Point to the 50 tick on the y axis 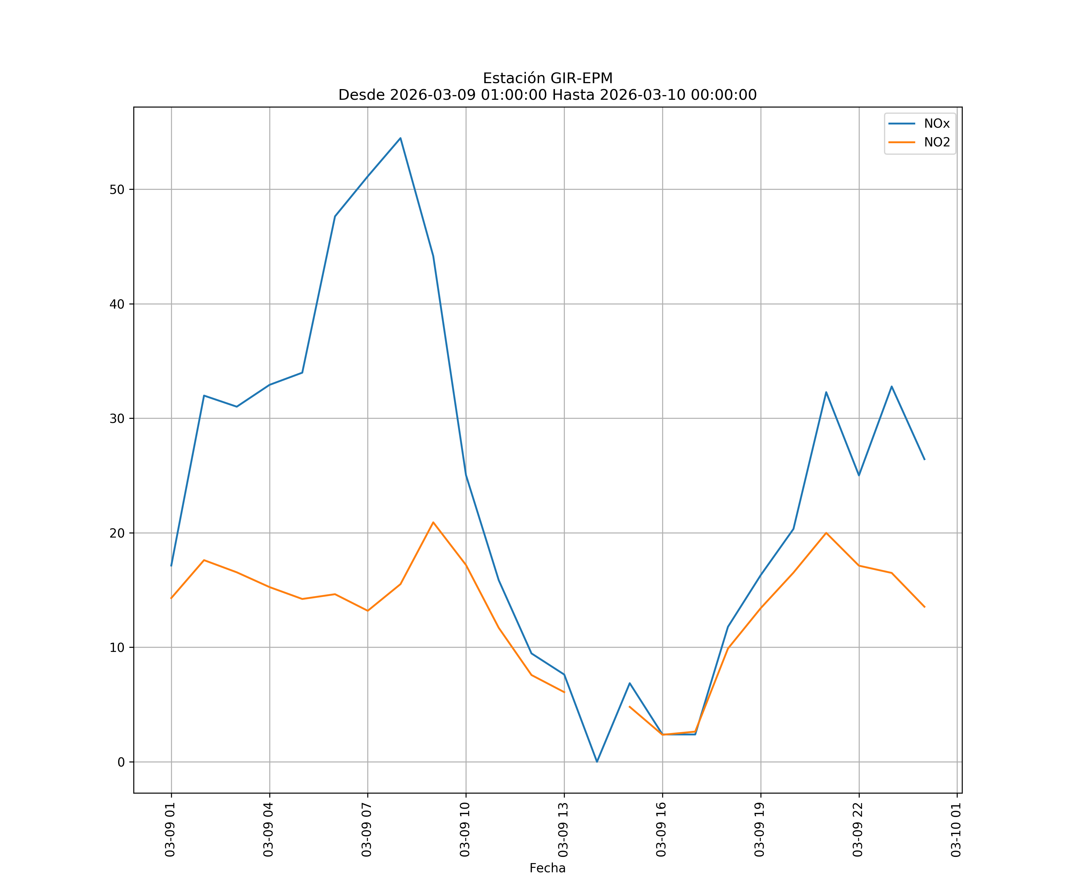point(117,189)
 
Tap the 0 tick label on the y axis point(121,762)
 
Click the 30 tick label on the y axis point(117,418)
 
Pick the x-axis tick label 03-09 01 point(170,830)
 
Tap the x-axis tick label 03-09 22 point(858,830)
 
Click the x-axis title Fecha point(547,868)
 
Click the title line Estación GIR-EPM point(547,78)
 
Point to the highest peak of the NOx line point(401,138)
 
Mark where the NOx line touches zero point(597,762)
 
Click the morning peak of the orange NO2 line point(433,522)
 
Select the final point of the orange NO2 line point(924,607)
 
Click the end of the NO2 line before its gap point(564,692)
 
